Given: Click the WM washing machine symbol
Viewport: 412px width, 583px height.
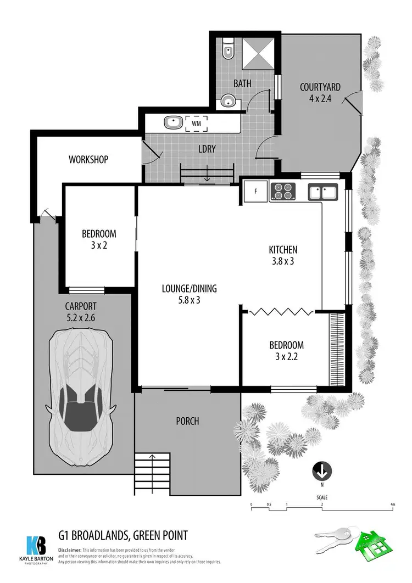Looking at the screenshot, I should [196, 124].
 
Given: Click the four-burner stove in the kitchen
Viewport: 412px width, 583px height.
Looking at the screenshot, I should [283, 192].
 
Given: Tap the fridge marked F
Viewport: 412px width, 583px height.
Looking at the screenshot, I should [255, 192].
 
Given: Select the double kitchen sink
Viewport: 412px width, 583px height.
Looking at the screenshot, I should [323, 192].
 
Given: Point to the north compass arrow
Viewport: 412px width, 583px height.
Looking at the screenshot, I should [321, 471].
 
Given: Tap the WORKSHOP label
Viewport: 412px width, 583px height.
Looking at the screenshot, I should [88, 160].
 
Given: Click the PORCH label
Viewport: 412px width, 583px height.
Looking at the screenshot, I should [187, 422].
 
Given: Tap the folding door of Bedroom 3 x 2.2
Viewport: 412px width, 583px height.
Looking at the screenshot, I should [281, 311].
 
